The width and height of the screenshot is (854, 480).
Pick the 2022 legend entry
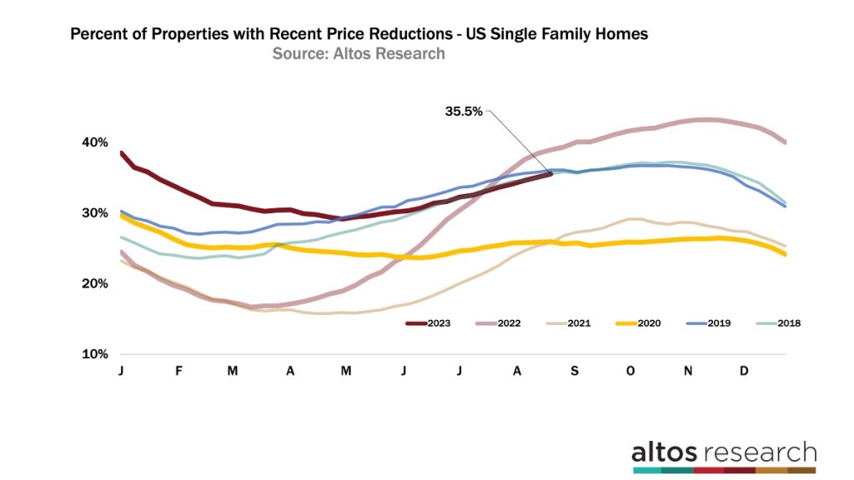[498, 322]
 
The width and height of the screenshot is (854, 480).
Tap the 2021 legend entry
[567, 322]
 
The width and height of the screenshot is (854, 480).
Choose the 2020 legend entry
[637, 322]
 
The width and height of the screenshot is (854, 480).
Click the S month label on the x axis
[575, 370]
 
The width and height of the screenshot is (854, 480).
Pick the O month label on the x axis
[631, 370]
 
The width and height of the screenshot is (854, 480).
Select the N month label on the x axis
[688, 370]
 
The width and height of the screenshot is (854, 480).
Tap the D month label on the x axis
[745, 370]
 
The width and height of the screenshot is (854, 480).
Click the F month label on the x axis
[178, 370]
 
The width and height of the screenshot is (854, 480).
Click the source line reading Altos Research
[359, 53]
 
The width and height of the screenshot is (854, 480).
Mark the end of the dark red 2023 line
[550, 173]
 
